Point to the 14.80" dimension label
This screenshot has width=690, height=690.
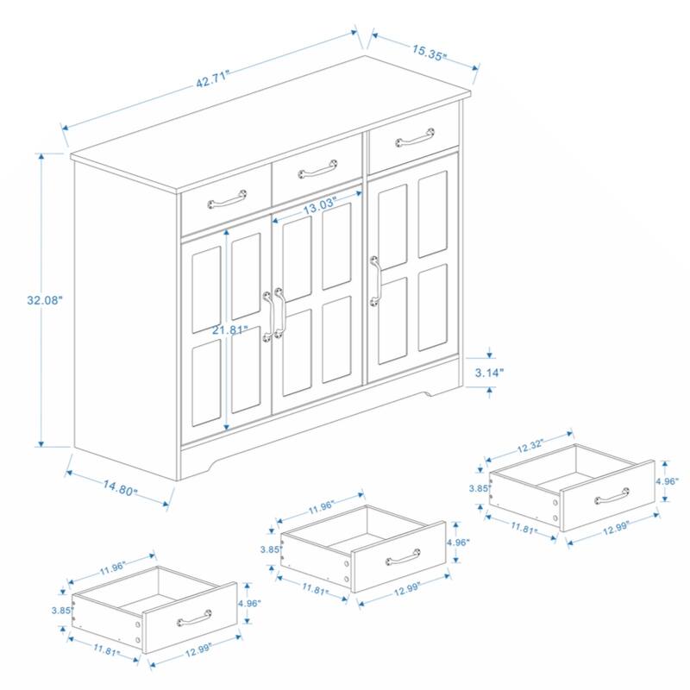click(x=122, y=487)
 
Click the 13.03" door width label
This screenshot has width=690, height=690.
click(x=320, y=208)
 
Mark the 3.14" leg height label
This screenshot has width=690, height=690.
click(x=489, y=373)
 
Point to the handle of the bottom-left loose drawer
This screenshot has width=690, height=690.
click(x=195, y=618)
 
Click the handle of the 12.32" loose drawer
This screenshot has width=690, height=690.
click(x=612, y=496)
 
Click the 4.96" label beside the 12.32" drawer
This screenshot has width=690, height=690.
click(x=667, y=481)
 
